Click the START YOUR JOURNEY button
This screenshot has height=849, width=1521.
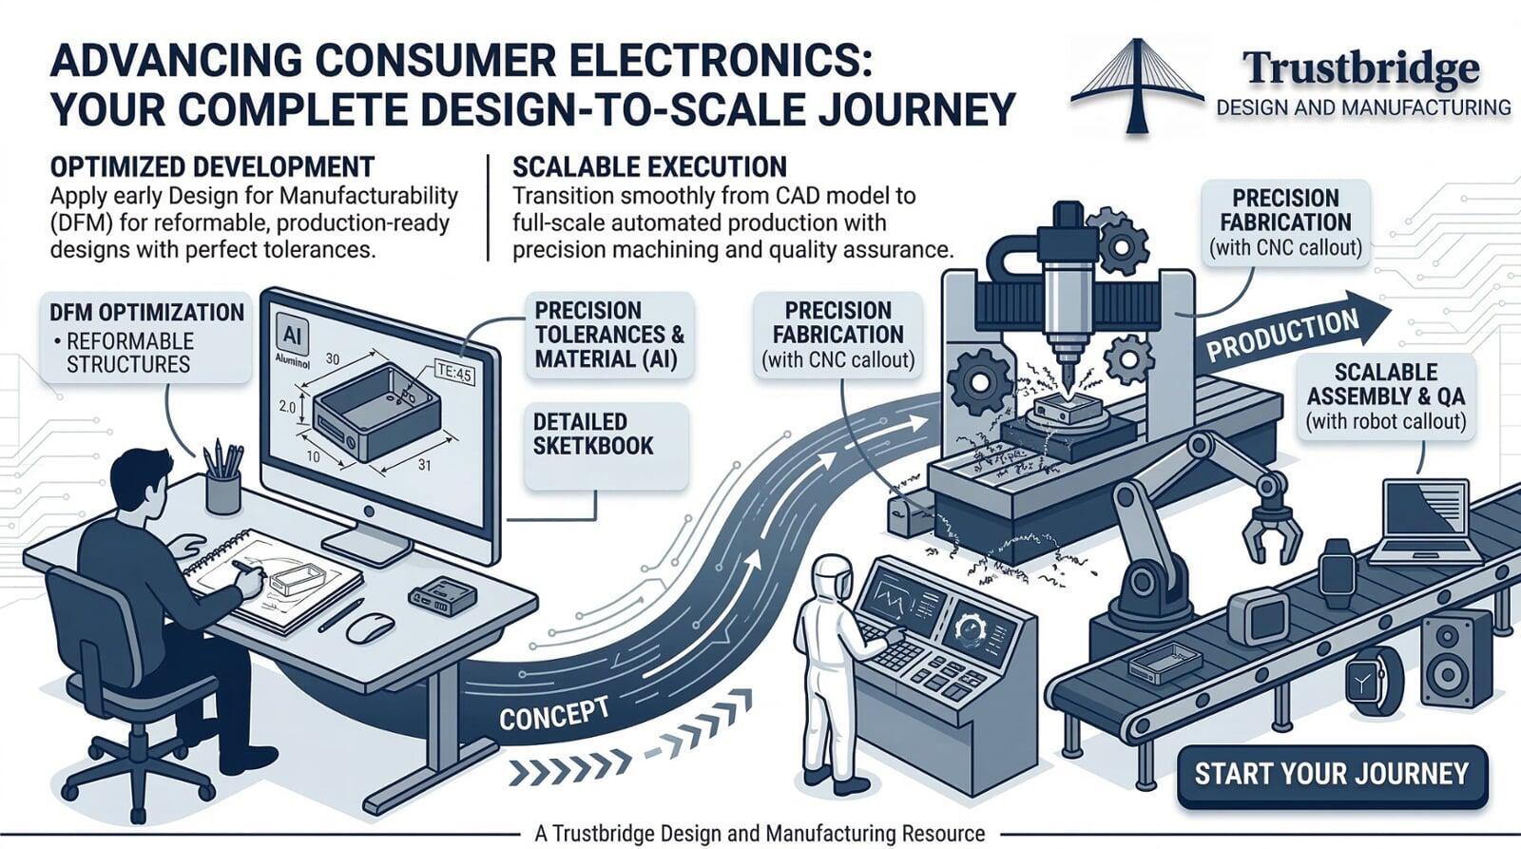1331,775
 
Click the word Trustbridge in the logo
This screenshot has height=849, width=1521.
1360,68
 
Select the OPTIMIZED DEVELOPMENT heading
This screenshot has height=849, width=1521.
211,167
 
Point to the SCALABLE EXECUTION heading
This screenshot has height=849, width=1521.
649,167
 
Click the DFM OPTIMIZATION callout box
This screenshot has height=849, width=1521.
146,337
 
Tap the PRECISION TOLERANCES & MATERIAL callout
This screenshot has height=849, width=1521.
608,335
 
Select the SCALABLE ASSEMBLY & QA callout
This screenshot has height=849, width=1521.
1385,396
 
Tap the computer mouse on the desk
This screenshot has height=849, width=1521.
370,627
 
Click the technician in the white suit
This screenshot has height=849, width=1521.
834,669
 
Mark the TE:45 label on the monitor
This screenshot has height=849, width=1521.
452,374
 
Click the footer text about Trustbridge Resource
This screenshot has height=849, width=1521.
760,834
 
